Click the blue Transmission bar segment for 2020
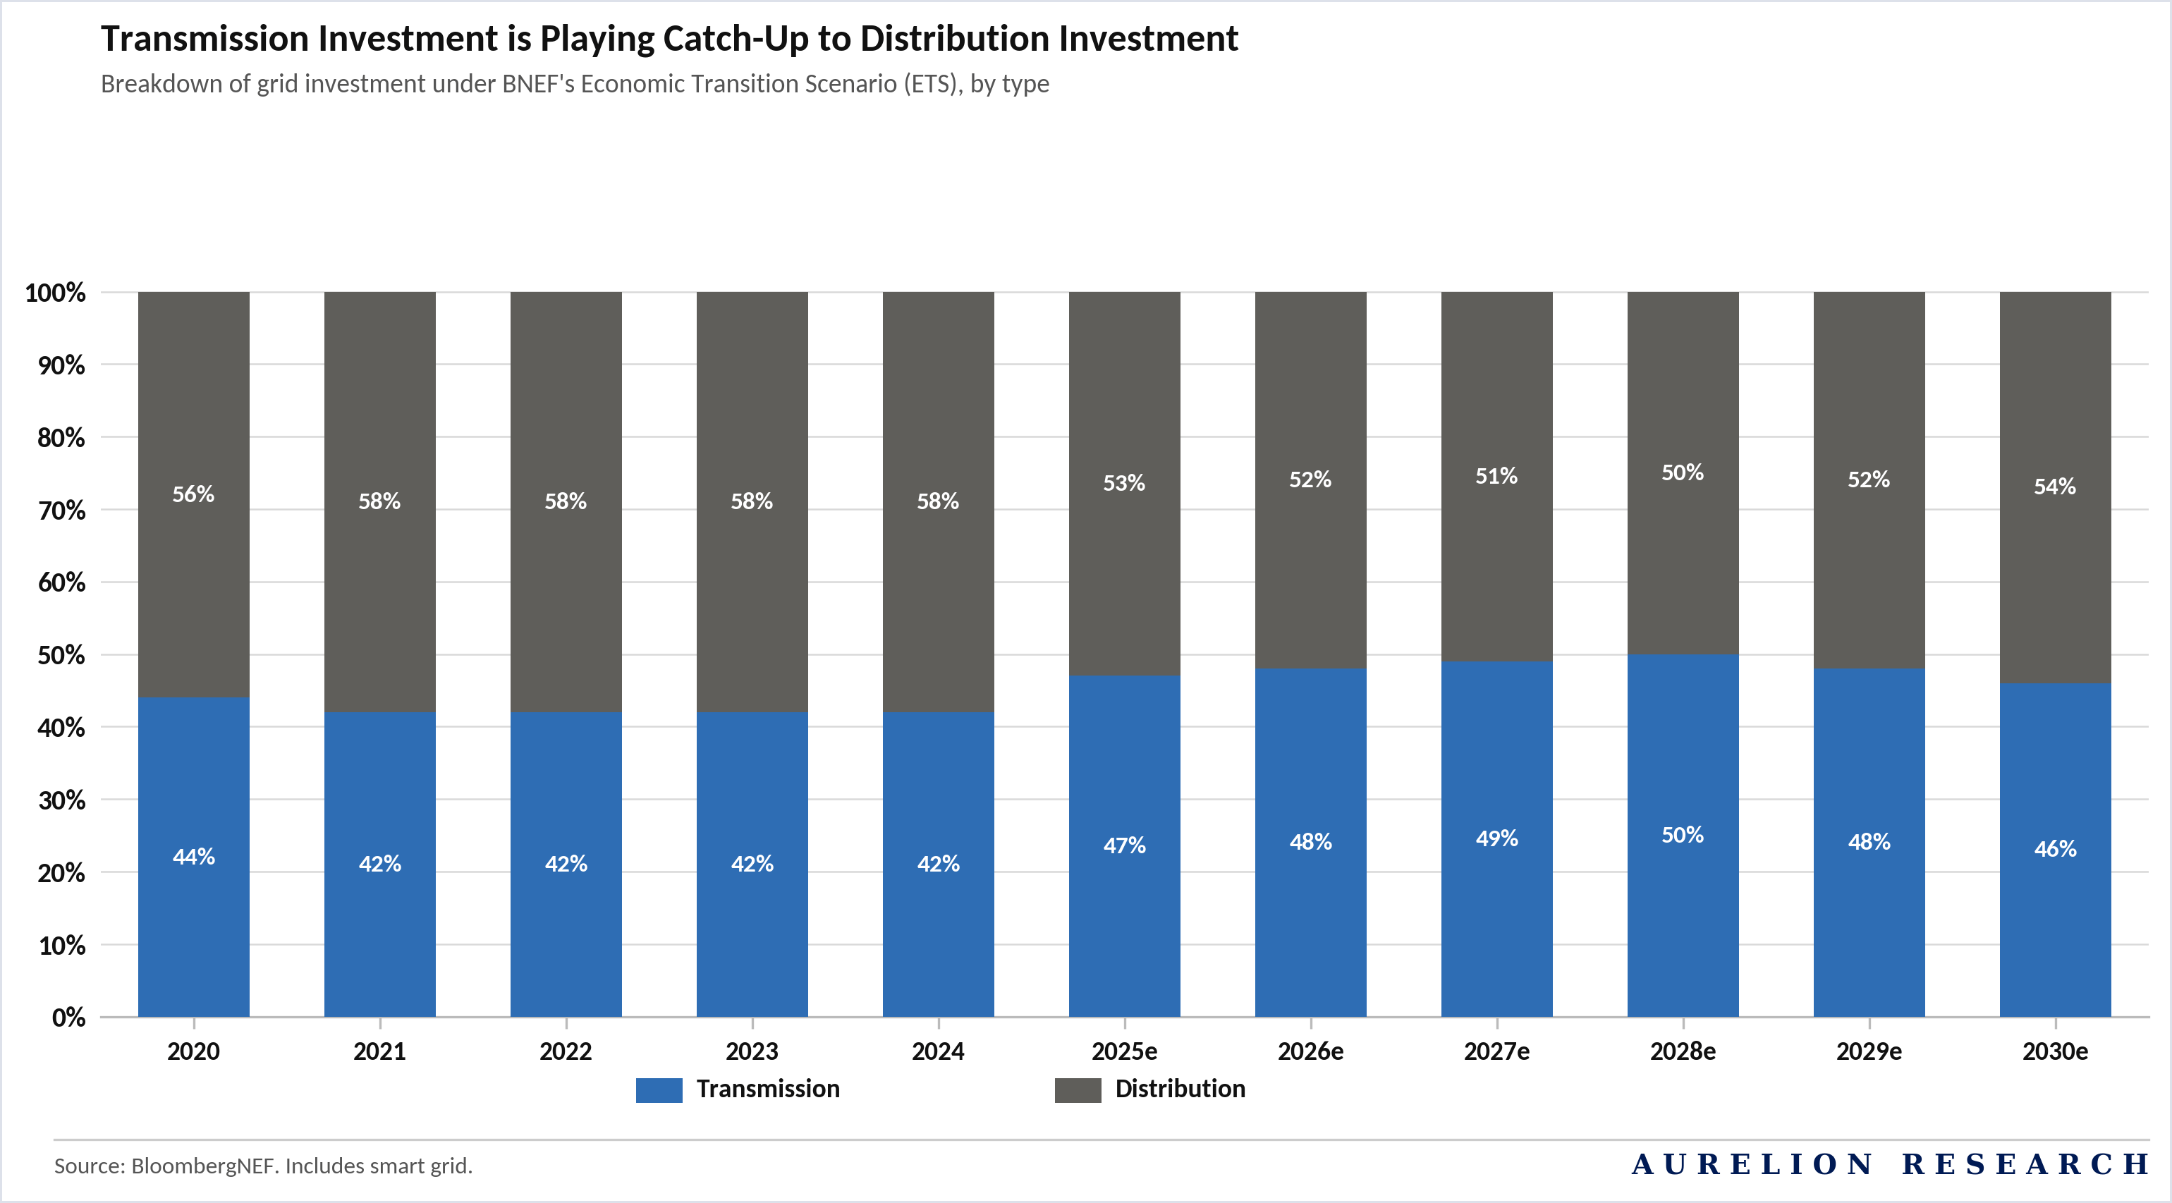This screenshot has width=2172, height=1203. click(x=194, y=857)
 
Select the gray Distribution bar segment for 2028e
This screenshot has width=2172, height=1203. click(x=1683, y=473)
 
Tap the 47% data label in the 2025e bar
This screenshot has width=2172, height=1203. click(x=1125, y=845)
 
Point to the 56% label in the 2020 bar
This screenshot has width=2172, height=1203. click(x=194, y=494)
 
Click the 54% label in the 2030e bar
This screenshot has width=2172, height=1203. click(x=2055, y=487)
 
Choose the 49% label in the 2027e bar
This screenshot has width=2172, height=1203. click(x=1496, y=839)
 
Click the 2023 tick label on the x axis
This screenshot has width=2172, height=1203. click(x=752, y=1051)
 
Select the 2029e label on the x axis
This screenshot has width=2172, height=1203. click(x=1869, y=1051)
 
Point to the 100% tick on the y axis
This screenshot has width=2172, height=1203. click(x=56, y=293)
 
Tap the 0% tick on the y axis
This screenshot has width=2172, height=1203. click(x=69, y=1018)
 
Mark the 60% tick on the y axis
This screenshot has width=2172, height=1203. click(x=61, y=582)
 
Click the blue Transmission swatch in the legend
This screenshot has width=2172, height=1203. click(x=659, y=1089)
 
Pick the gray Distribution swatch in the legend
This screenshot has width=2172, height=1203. click(x=1078, y=1089)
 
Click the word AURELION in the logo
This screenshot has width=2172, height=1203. click(x=1754, y=1164)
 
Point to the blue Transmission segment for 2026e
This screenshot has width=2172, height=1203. click(x=1311, y=843)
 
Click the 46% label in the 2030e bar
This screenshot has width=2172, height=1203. click(x=2055, y=849)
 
